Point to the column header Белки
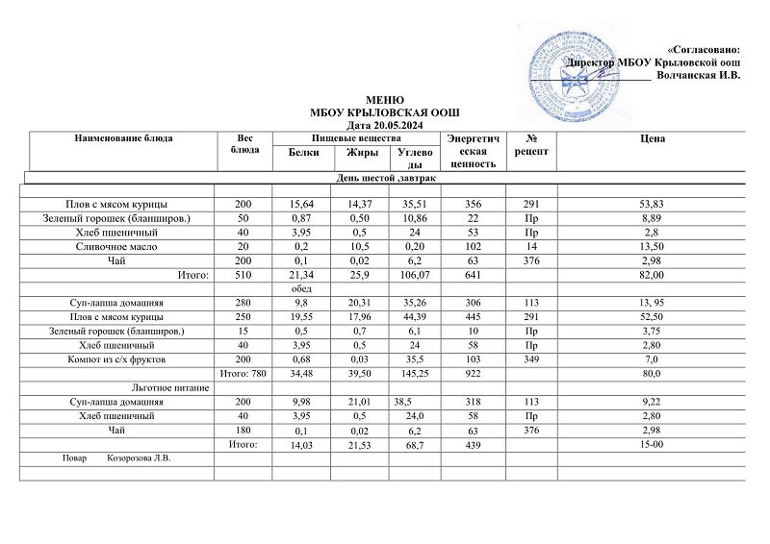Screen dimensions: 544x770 point(305,153)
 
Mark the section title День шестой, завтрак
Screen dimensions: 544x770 point(384,180)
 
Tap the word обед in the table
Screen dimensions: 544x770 point(303,289)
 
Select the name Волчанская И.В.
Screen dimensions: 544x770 point(697,75)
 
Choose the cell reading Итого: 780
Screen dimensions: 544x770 point(241,372)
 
